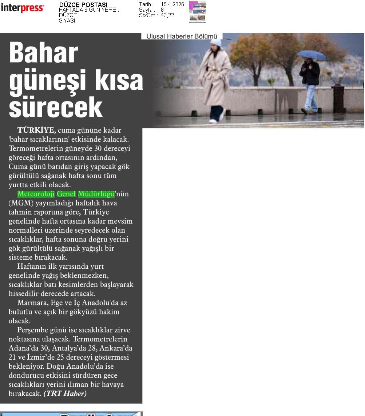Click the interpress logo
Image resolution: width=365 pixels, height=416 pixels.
(x=22, y=8)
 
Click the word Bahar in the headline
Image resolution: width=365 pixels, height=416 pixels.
(x=44, y=53)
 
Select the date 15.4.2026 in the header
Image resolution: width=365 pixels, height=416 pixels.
(x=172, y=4)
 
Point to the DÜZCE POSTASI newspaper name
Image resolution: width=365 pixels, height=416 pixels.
(x=83, y=5)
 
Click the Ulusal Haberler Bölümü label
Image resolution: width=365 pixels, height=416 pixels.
(x=182, y=36)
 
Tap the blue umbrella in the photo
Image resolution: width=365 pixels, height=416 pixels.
(x=311, y=55)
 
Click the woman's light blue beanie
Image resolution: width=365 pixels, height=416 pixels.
(x=216, y=43)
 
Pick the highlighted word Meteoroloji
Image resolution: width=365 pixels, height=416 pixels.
(x=36, y=194)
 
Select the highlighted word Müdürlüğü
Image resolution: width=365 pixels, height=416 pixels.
(x=96, y=194)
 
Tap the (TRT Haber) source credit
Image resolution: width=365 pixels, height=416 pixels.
(x=65, y=393)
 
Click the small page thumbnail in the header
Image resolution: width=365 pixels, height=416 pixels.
(x=197, y=12)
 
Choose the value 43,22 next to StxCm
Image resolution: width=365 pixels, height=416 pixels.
(x=167, y=15)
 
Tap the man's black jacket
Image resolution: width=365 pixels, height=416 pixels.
(x=310, y=73)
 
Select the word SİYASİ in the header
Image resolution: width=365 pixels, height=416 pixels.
(x=67, y=21)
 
